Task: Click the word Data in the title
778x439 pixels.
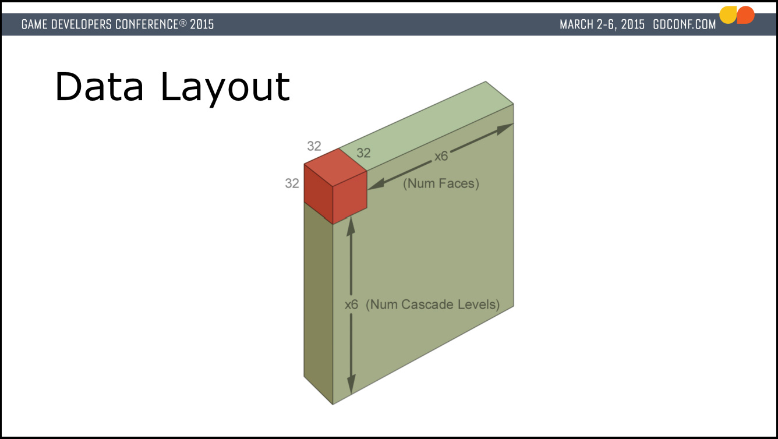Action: click(x=99, y=87)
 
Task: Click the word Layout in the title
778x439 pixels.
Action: click(x=225, y=88)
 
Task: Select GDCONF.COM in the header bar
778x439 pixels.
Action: click(x=684, y=24)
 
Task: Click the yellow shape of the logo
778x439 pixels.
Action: click(x=728, y=15)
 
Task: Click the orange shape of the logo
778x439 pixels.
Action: click(x=745, y=15)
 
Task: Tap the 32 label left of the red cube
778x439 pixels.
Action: click(x=292, y=183)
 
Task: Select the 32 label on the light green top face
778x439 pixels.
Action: click(x=363, y=153)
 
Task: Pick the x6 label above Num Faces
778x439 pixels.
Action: click(x=441, y=157)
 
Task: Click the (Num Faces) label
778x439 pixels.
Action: click(x=441, y=183)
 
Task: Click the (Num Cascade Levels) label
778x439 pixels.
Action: click(x=433, y=305)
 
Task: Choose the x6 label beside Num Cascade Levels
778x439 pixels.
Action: click(x=351, y=305)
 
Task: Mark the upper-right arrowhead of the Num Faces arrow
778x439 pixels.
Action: click(x=505, y=129)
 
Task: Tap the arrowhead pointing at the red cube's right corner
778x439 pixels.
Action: click(x=376, y=184)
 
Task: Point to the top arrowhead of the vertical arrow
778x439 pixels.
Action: click(x=351, y=226)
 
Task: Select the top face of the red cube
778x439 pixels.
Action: click(x=335, y=168)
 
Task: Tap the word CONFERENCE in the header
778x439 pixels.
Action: click(x=147, y=24)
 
